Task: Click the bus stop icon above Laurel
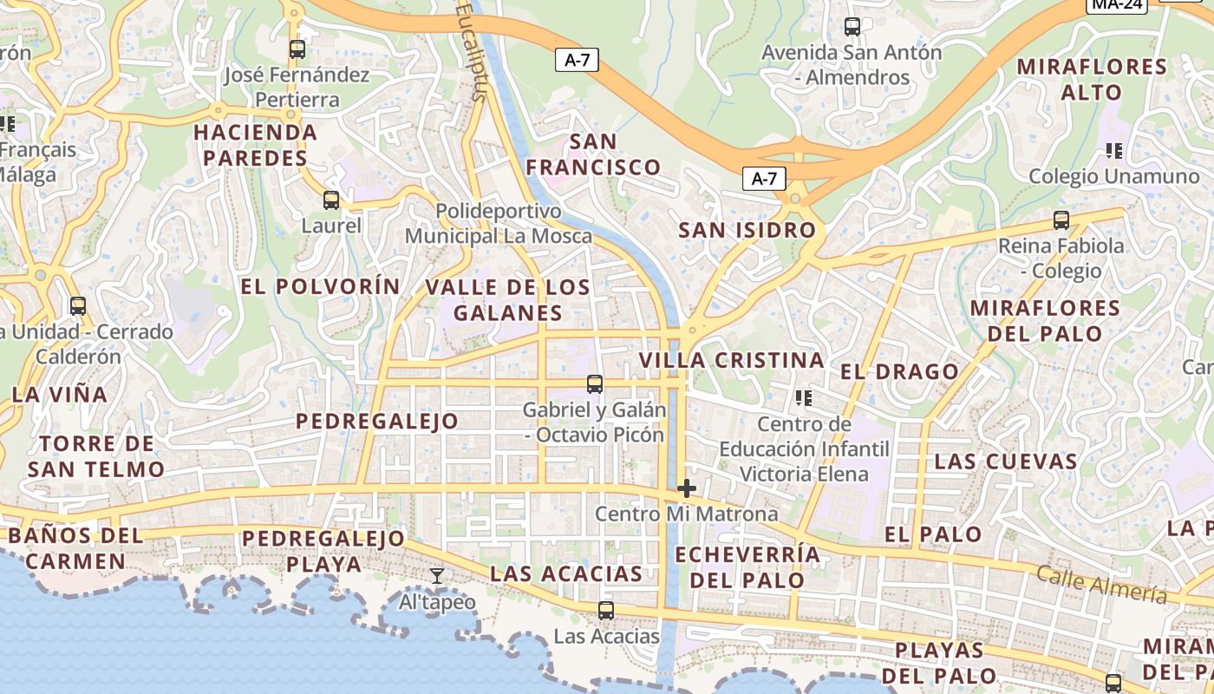(x=330, y=200)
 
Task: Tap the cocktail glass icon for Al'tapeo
(x=437, y=575)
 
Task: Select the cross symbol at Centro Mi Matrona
(x=687, y=488)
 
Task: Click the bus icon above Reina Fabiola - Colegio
(x=1061, y=220)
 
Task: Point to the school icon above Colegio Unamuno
(x=1114, y=151)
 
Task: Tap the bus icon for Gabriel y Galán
(x=594, y=383)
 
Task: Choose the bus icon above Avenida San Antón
(x=852, y=27)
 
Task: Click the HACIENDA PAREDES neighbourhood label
(x=256, y=145)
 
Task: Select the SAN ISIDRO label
(x=747, y=230)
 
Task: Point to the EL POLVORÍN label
(x=321, y=286)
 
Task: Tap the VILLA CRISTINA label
(x=731, y=360)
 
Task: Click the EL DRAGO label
(x=899, y=372)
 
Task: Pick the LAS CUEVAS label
(x=1005, y=461)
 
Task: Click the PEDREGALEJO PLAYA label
(x=323, y=551)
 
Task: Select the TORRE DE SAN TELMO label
(x=96, y=456)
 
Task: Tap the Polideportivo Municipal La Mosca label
(x=499, y=223)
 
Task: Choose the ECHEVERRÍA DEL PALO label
(x=747, y=567)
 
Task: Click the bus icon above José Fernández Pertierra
(x=297, y=49)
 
